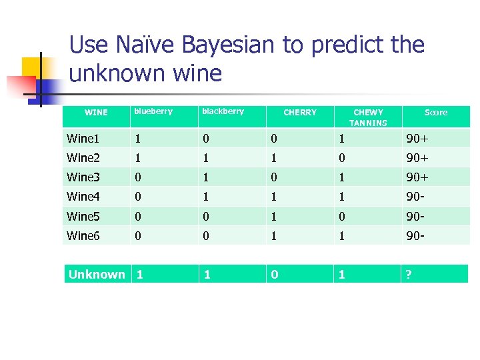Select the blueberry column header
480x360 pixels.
pos(153,111)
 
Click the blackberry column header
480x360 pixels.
pos(223,111)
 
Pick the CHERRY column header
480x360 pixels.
pos(300,113)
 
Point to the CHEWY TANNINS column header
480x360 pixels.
pos(368,117)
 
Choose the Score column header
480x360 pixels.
pos(436,113)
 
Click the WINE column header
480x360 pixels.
pos(97,113)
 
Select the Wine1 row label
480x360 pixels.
pos(83,139)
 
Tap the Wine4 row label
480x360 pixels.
pos(83,197)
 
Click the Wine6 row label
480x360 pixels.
pos(83,235)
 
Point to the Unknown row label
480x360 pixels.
pos(97,274)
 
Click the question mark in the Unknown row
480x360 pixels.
pos(410,274)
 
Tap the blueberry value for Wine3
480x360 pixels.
pos(137,177)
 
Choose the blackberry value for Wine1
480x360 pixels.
pos(205,139)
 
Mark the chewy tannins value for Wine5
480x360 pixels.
pos(341,216)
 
